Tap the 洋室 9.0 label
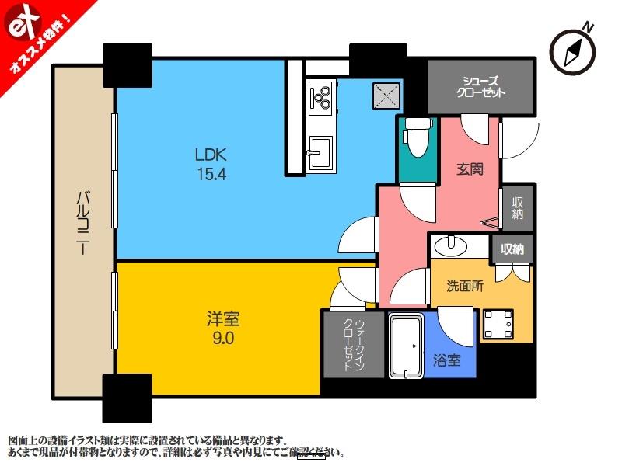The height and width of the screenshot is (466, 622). (x=221, y=328)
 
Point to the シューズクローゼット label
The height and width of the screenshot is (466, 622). (x=480, y=86)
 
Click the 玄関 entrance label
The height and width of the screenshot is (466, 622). (x=468, y=169)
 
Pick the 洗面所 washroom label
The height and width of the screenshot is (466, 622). (x=464, y=286)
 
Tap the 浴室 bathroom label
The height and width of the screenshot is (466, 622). (x=447, y=360)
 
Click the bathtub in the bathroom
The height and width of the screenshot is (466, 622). (x=405, y=346)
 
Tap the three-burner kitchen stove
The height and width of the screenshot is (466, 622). (x=320, y=96)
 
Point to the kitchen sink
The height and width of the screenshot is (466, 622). (x=320, y=148)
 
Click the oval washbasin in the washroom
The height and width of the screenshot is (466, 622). (x=449, y=246)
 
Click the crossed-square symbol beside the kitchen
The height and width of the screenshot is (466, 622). (x=386, y=97)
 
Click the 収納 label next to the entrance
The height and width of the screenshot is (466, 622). (x=518, y=207)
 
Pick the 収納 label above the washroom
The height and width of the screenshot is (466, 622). (x=512, y=249)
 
